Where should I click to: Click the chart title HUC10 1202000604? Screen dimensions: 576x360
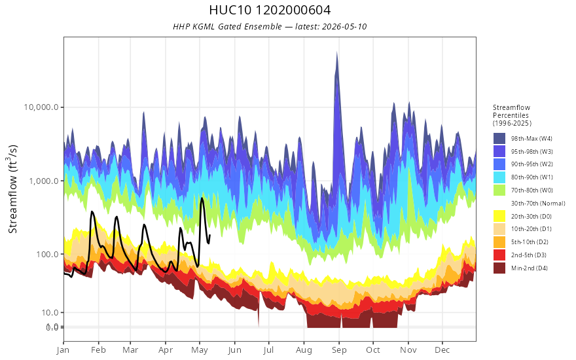pos(270,10)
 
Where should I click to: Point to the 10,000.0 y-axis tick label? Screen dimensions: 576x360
pos(41,107)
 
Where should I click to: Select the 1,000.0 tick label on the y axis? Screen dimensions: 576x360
pos(43,181)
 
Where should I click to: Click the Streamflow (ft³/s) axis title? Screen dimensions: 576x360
pos(13,189)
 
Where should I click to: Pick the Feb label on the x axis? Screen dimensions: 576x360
pos(98,350)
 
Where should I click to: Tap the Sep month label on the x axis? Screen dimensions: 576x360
pos(339,350)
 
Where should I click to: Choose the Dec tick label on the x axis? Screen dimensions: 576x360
pos(442,350)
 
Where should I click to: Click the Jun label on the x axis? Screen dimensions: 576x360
pos(234,350)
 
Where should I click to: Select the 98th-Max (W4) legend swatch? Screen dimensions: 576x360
pos(499,139)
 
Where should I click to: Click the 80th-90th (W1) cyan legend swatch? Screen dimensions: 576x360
pos(499,177)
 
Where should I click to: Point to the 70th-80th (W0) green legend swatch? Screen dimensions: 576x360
pos(499,190)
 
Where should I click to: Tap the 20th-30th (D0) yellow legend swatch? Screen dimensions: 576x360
pos(499,216)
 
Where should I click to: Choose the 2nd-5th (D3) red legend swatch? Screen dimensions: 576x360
pos(499,255)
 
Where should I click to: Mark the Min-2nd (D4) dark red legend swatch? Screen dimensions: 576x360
pos(499,268)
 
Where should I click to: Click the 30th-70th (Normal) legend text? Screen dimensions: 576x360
pos(538,203)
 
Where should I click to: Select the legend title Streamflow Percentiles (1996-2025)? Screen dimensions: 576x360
pos(512,115)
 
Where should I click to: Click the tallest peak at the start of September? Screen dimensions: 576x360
pos(337,52)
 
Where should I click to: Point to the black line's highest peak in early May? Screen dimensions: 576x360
pos(202,198)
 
